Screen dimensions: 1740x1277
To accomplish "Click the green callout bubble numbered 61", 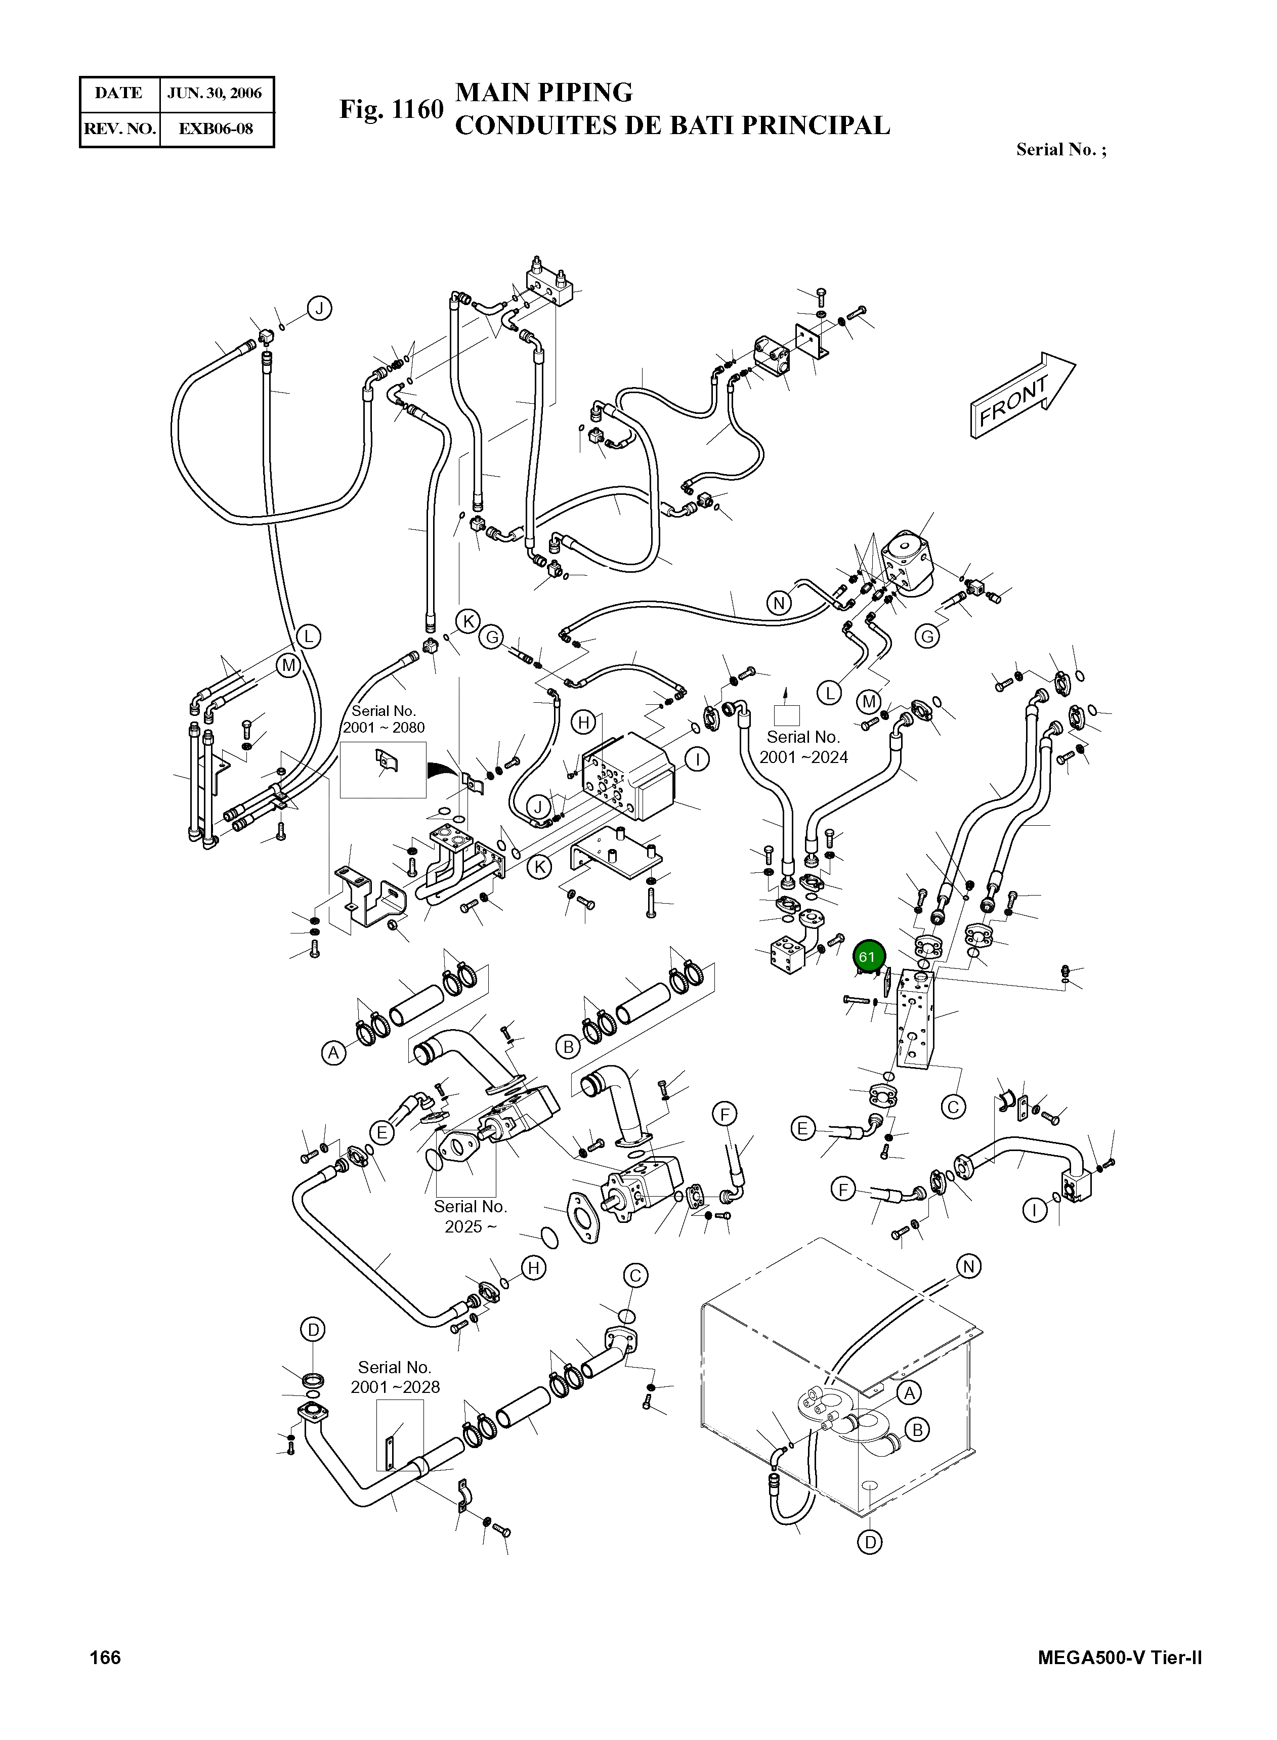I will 867,957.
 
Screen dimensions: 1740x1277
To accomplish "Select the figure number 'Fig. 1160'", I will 391,110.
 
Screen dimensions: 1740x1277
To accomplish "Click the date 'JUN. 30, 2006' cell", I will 215,94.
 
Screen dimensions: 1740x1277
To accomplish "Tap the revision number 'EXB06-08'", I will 216,129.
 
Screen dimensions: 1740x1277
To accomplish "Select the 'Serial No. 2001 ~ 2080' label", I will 384,719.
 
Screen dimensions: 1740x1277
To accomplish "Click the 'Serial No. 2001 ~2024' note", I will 803,747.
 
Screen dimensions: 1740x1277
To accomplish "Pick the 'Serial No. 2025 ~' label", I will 470,1216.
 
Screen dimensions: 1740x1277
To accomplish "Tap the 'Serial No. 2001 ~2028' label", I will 395,1377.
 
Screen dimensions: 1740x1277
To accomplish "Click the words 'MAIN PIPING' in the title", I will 543,92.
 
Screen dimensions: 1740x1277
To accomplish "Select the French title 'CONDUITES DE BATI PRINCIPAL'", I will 672,125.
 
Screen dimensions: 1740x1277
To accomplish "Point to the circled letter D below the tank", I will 870,1542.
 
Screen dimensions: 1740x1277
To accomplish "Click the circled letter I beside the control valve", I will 697,759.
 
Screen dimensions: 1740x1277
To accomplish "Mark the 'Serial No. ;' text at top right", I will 1060,149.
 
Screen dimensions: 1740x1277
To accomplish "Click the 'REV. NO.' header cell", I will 120,129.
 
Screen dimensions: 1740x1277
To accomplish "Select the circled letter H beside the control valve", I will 584,723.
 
